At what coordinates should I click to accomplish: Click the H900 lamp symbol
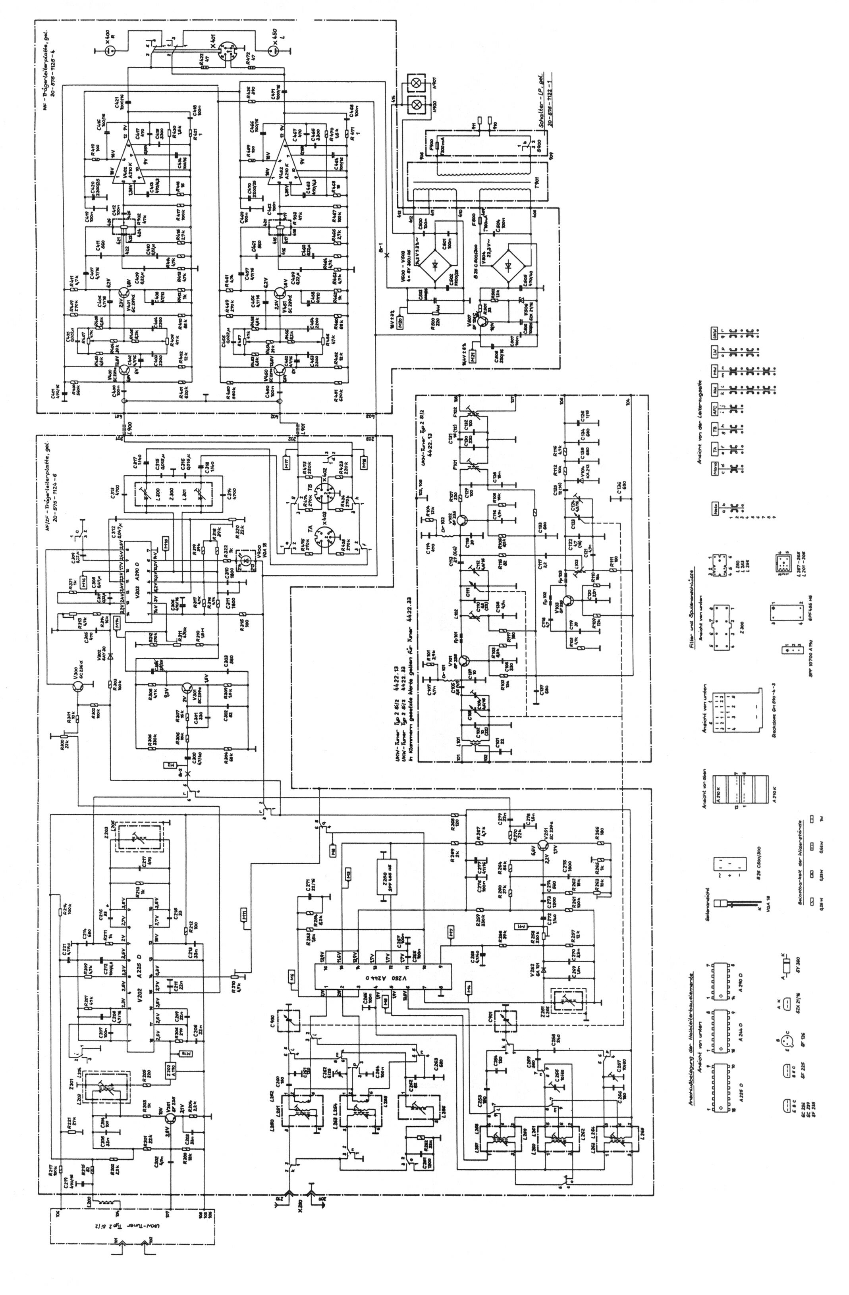pos(417,103)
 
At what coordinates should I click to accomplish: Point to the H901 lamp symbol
pos(417,83)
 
